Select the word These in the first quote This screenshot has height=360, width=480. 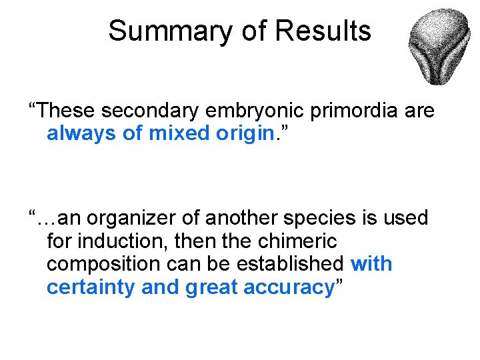(67, 110)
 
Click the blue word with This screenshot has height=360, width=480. (371, 264)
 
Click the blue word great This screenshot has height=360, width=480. (212, 287)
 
